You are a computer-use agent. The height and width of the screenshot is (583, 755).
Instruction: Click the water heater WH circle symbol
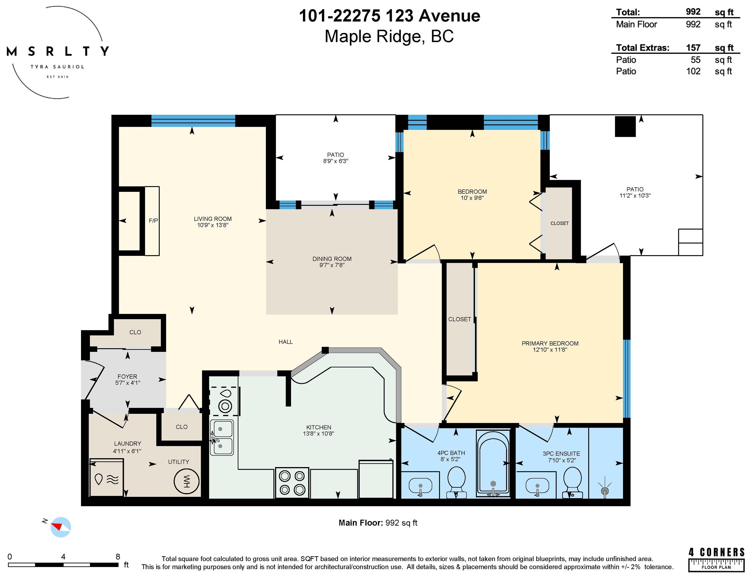[x=186, y=481]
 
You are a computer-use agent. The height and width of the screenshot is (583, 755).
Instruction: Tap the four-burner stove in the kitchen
[x=292, y=483]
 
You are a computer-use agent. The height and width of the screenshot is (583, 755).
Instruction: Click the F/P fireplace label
[x=153, y=221]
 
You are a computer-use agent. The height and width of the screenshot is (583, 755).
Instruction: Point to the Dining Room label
[x=332, y=259]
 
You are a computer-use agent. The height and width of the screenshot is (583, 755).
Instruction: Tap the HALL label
[x=285, y=342]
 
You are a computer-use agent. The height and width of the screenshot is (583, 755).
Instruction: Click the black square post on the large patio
[x=625, y=127]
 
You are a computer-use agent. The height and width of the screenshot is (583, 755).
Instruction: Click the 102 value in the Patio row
[x=693, y=71]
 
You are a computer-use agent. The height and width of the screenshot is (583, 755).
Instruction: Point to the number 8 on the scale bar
[x=118, y=556]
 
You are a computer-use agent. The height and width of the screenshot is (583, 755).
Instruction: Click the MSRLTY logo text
[x=58, y=51]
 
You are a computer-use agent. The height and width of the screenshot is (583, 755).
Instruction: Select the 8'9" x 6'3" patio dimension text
[x=335, y=161]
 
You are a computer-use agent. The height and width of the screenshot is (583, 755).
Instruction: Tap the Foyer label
[x=127, y=377]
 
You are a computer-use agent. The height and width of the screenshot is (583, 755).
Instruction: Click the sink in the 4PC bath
[x=420, y=486]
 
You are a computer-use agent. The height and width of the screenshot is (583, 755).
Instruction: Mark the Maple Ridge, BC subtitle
[x=389, y=36]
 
